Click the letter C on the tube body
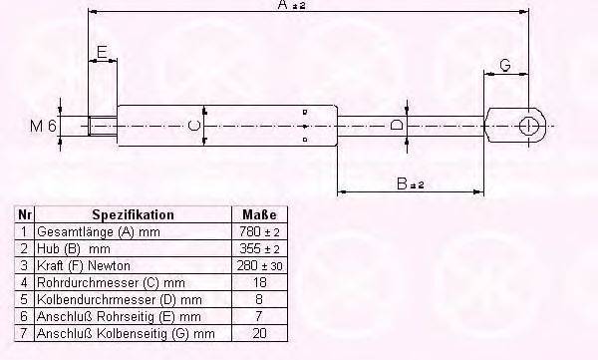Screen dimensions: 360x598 [195, 127]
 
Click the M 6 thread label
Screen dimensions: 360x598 [44, 127]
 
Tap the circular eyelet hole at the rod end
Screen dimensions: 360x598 [530, 127]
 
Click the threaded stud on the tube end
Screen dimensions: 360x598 [103, 127]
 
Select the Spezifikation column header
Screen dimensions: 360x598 [133, 214]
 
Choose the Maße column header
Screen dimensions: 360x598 [259, 214]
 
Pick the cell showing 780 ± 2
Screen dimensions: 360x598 [259, 231]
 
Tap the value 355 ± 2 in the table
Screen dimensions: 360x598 [259, 248]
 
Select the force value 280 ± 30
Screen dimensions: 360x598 [259, 265]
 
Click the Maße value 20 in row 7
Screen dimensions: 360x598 [259, 333]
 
